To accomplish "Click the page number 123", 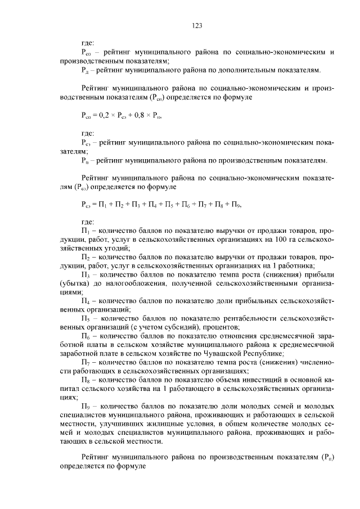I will (x=197, y=25).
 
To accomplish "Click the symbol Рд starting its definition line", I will (x=84, y=71).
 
